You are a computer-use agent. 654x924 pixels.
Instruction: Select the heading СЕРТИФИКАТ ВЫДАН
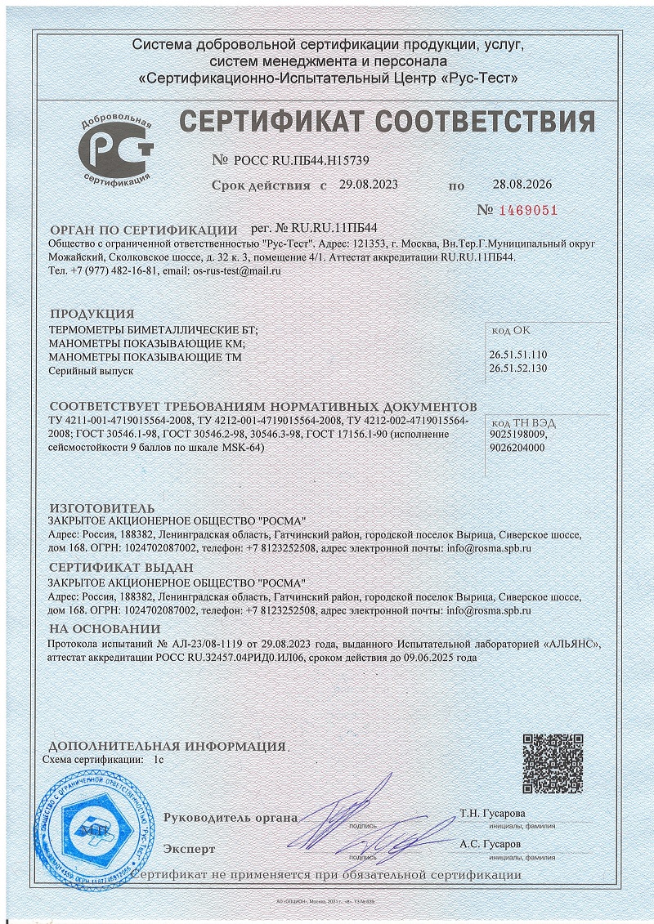tap(121, 568)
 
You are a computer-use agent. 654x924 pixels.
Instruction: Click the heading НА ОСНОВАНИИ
tap(105, 628)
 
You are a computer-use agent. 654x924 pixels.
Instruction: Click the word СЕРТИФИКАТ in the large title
tap(273, 121)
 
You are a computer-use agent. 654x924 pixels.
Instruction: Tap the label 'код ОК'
tap(510, 331)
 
